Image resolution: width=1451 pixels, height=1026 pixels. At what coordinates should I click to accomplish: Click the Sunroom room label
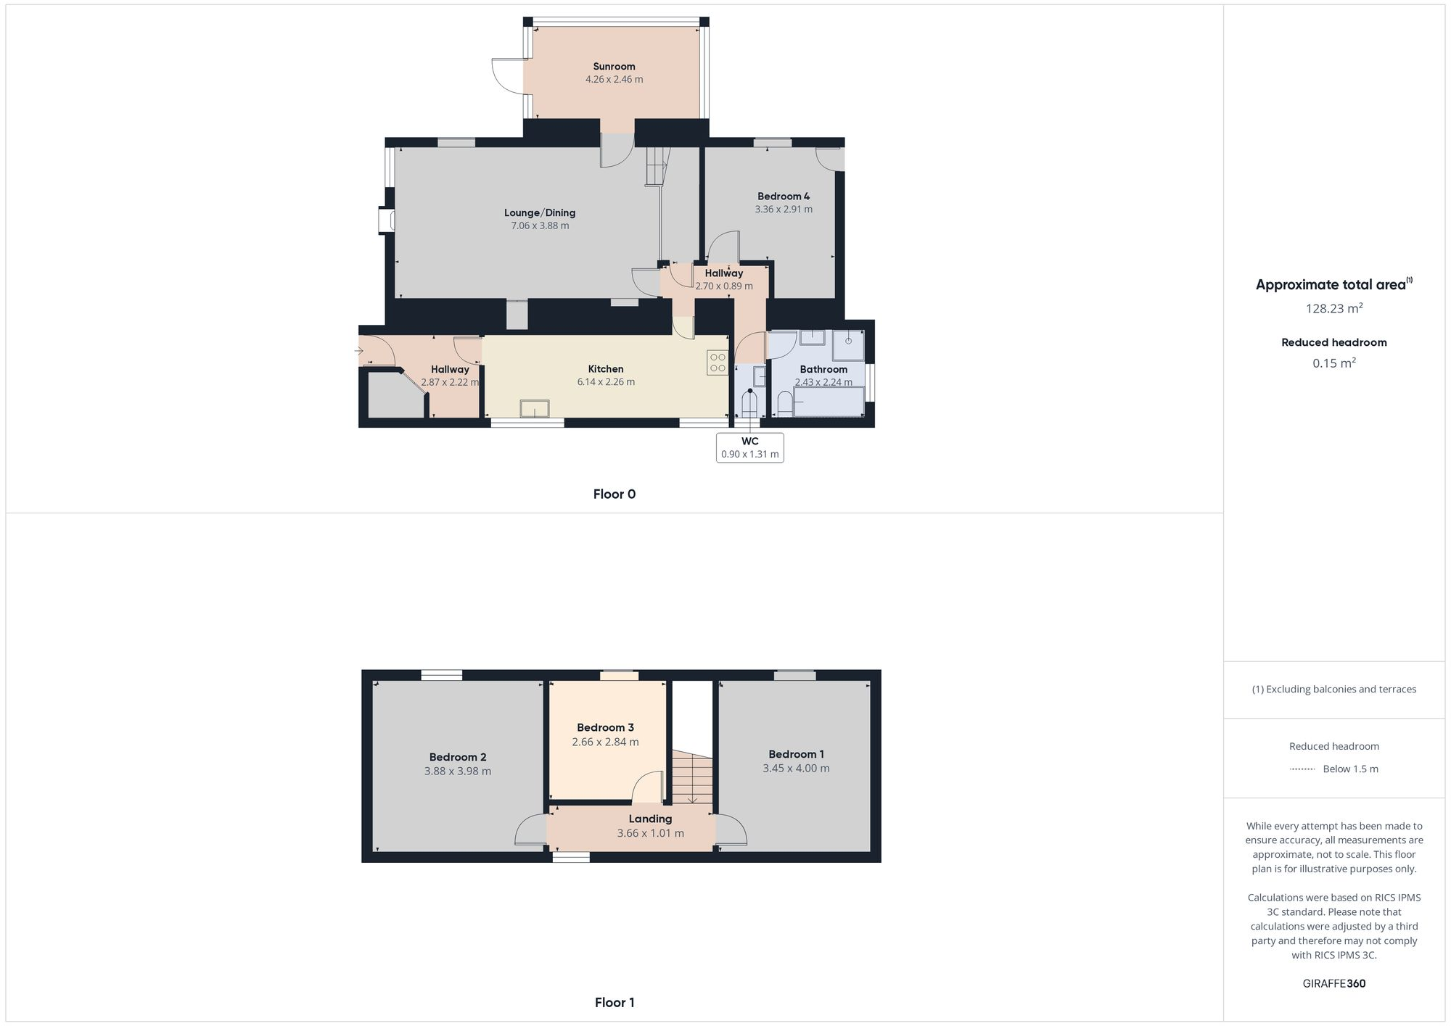click(x=614, y=67)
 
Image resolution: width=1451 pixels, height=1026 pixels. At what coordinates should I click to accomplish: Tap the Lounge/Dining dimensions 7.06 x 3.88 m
click(x=540, y=226)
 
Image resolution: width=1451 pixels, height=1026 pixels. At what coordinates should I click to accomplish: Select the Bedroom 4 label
click(x=784, y=196)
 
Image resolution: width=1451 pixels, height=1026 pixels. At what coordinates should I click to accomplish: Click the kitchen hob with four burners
click(x=718, y=363)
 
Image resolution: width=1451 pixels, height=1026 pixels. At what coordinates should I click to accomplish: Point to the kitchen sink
click(x=535, y=409)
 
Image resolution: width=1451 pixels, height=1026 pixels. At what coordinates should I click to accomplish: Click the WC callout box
click(x=749, y=447)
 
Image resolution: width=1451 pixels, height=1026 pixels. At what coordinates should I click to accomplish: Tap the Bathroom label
click(x=823, y=370)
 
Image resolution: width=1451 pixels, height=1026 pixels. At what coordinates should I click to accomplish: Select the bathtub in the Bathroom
click(x=828, y=402)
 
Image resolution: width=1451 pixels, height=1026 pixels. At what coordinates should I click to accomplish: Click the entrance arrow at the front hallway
click(x=358, y=351)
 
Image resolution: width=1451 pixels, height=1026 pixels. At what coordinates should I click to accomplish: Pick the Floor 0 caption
click(x=614, y=495)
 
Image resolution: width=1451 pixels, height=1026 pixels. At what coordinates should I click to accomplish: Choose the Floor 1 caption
click(x=614, y=1003)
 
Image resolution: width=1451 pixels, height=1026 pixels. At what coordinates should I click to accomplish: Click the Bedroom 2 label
click(x=457, y=758)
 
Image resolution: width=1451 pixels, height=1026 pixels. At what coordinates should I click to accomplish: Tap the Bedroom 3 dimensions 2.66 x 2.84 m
click(x=605, y=742)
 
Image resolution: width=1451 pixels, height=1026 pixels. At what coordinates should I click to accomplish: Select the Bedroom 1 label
click(x=796, y=755)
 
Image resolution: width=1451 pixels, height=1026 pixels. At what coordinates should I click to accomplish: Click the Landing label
click(x=650, y=819)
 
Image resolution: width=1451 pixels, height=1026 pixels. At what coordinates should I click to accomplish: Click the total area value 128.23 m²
click(x=1333, y=309)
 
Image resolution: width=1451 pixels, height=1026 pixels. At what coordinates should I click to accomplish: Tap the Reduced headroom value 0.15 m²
click(x=1333, y=363)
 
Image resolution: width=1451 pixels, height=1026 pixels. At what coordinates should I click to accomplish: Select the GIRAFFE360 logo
click(x=1333, y=984)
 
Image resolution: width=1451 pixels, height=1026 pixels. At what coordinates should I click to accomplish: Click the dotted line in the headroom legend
click(x=1302, y=769)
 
